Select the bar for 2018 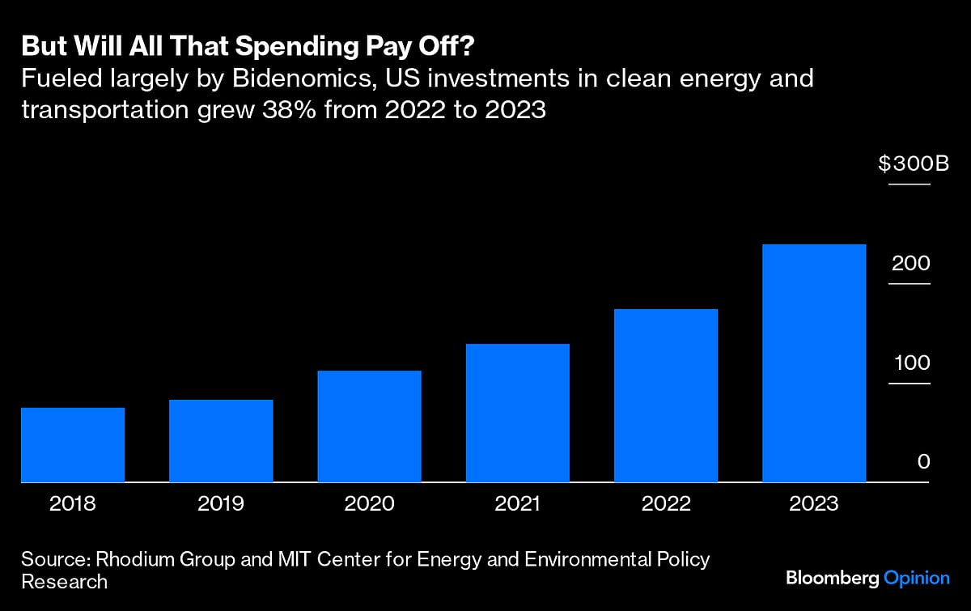pyautogui.click(x=73, y=444)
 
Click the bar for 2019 pyautogui.click(x=221, y=440)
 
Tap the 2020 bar pyautogui.click(x=369, y=426)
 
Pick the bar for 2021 pyautogui.click(x=518, y=413)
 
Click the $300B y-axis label pyautogui.click(x=913, y=164)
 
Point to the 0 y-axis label pyautogui.click(x=924, y=461)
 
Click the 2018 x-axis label pyautogui.click(x=73, y=503)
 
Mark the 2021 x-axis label pyautogui.click(x=518, y=503)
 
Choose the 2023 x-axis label pyautogui.click(x=814, y=503)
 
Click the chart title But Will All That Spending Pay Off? pyautogui.click(x=248, y=47)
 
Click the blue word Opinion pyautogui.click(x=916, y=578)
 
